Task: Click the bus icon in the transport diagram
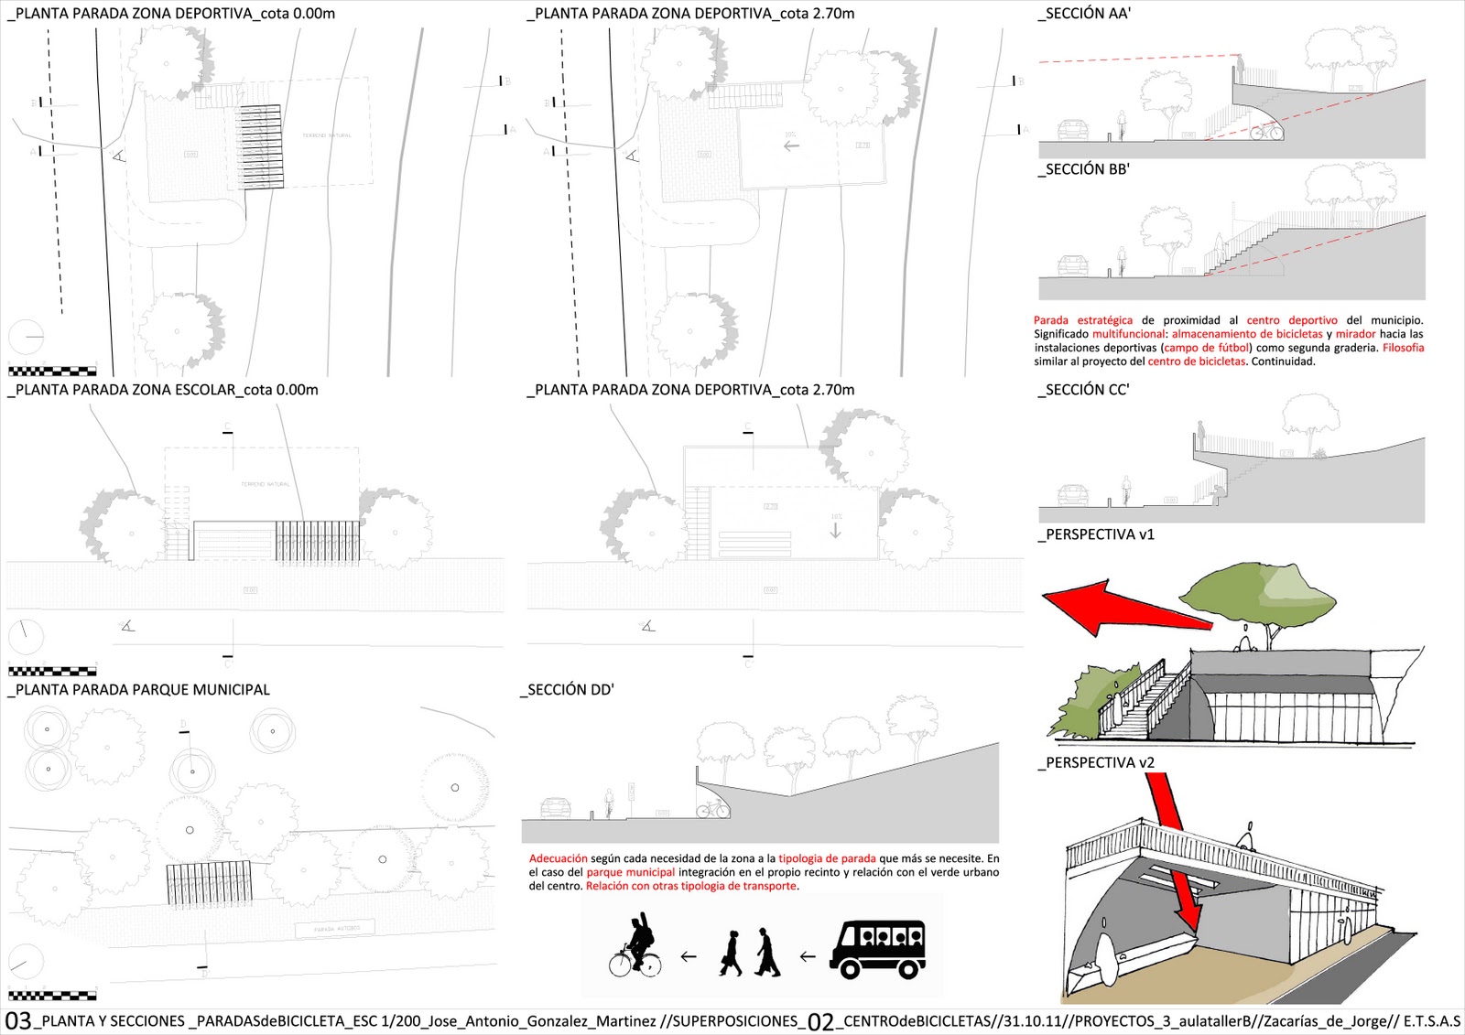pos(877,949)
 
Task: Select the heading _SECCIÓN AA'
pos(1085,14)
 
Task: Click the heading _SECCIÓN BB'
pos(1085,169)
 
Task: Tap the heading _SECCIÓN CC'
pos(1085,390)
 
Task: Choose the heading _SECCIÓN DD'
pos(568,690)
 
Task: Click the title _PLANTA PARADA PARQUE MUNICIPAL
pos(139,690)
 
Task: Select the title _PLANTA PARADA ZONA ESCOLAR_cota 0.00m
pos(164,390)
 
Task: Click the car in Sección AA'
pos(1072,129)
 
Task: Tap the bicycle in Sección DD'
pos(712,809)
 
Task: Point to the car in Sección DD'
pos(555,807)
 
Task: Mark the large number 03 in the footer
pos(18,1021)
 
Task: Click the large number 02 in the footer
pos(820,1021)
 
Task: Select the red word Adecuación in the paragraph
pos(558,859)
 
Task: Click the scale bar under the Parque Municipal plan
pos(52,995)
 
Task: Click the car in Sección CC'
pos(1072,495)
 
